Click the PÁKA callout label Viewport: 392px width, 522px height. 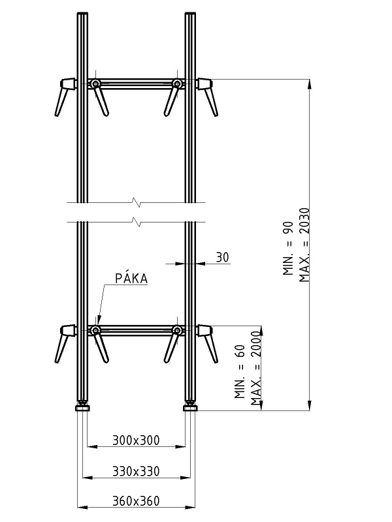[131, 279]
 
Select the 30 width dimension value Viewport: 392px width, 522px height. [223, 257]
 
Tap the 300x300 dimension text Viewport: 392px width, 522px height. [136, 440]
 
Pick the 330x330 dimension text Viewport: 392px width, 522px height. [136, 471]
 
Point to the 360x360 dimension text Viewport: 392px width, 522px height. [136, 500]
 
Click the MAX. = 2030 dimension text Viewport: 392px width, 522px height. [304, 245]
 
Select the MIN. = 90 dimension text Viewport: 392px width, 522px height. [288, 249]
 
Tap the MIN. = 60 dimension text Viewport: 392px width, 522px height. [240, 371]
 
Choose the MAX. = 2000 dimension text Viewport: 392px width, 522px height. [256, 368]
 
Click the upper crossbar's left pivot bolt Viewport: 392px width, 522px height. [95, 84]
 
